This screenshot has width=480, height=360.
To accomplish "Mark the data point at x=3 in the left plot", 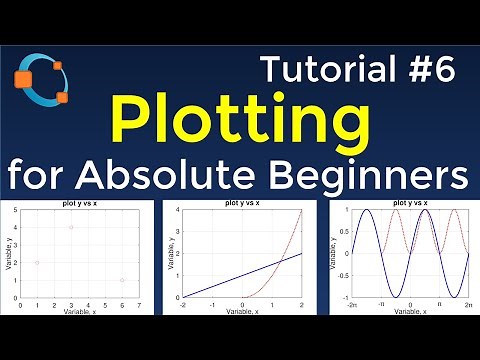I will pyautogui.click(x=71, y=227).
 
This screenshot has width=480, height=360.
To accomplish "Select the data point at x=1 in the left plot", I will pyautogui.click(x=37, y=262).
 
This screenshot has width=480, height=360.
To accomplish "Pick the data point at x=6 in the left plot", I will pyautogui.click(x=122, y=280).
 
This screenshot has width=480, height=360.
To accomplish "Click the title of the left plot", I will pyautogui.click(x=80, y=203).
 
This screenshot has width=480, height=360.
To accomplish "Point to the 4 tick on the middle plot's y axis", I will pyautogui.click(x=176, y=209).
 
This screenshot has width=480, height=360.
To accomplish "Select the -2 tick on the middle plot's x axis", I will pyautogui.click(x=182, y=304).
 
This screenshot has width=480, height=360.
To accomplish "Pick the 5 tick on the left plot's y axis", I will pyautogui.click(x=15, y=209).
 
